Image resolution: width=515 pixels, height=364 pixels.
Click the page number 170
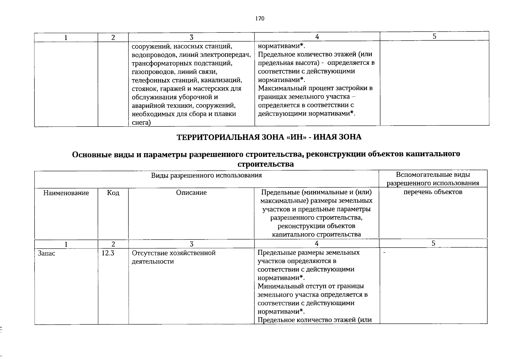point(260,19)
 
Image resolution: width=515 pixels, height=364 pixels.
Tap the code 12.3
point(108,253)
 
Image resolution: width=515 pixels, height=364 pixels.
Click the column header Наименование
point(66,193)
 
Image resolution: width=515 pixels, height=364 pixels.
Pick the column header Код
point(113,193)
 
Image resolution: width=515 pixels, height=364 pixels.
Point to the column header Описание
point(191,193)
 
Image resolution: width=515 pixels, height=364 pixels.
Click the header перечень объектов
point(433,192)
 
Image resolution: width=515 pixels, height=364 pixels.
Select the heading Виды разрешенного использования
point(206,176)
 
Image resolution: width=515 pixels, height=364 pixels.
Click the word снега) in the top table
point(141,123)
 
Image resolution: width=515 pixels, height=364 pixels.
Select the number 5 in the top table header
point(434,36)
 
